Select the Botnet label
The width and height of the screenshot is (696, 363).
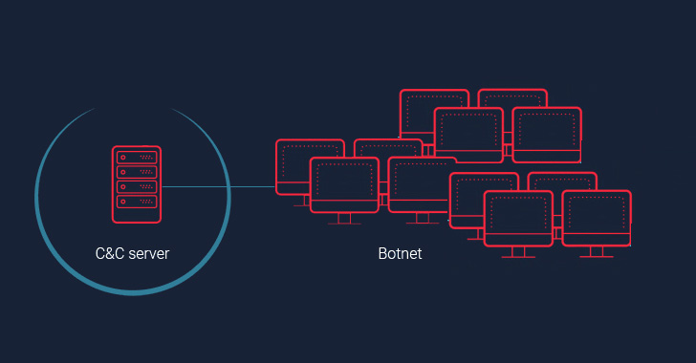tap(400, 253)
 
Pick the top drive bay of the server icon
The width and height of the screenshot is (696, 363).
tap(136, 158)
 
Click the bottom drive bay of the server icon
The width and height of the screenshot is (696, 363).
tap(136, 202)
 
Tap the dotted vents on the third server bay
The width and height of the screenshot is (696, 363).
tap(146, 187)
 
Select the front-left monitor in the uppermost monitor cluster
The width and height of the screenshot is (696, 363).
tap(468, 134)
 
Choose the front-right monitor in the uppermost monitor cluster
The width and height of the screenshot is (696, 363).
tap(547, 134)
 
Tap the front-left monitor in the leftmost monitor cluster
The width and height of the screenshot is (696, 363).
tap(344, 183)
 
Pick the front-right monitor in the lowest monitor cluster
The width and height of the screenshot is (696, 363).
tap(596, 217)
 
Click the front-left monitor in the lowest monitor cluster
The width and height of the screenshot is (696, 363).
tap(518, 217)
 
